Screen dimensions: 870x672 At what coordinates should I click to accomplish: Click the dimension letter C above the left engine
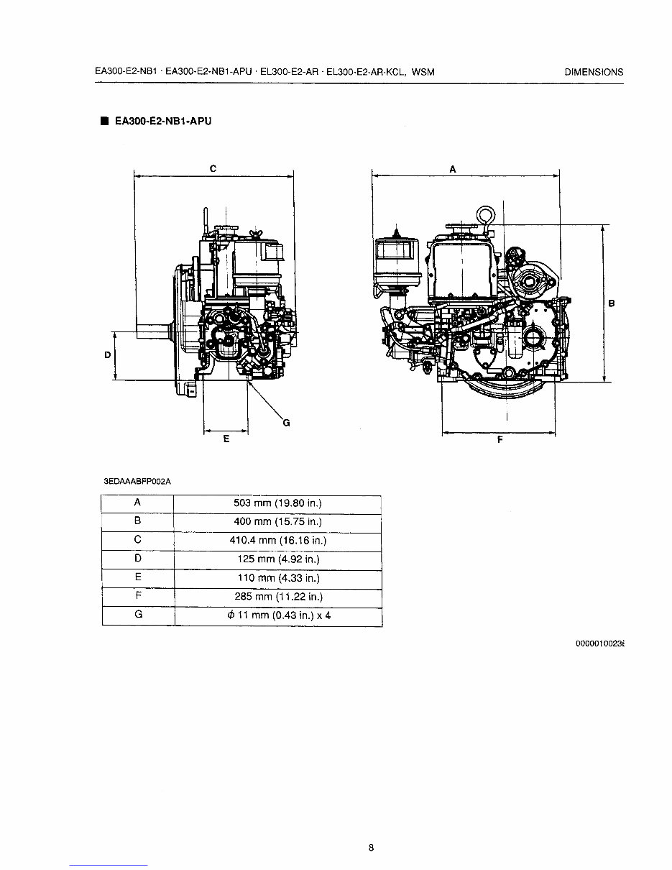[x=213, y=168]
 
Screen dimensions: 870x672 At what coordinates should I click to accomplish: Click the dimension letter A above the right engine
[x=452, y=168]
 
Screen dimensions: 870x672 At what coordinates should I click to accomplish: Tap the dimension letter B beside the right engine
[x=612, y=303]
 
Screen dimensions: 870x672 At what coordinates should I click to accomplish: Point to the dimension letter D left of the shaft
[x=107, y=355]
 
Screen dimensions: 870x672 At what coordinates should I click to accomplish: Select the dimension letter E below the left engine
[x=226, y=439]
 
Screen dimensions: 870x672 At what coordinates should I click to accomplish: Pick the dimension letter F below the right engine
[x=500, y=441]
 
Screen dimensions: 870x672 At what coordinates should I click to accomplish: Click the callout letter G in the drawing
[x=286, y=423]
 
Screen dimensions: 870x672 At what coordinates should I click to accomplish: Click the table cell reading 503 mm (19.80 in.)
[x=277, y=503]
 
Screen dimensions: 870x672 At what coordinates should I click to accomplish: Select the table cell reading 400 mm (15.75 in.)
[x=277, y=521]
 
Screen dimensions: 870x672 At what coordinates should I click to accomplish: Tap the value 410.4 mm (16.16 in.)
[x=277, y=540]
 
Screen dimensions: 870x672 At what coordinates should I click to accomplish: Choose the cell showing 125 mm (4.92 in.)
[x=277, y=559]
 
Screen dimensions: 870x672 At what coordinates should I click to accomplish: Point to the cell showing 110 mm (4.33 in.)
[x=277, y=577]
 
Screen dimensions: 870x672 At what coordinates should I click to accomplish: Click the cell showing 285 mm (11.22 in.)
[x=277, y=596]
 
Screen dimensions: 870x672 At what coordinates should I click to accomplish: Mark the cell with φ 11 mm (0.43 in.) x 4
[x=277, y=615]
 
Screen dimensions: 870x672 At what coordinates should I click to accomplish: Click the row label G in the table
[x=137, y=615]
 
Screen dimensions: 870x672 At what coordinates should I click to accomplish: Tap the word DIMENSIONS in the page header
[x=594, y=72]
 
